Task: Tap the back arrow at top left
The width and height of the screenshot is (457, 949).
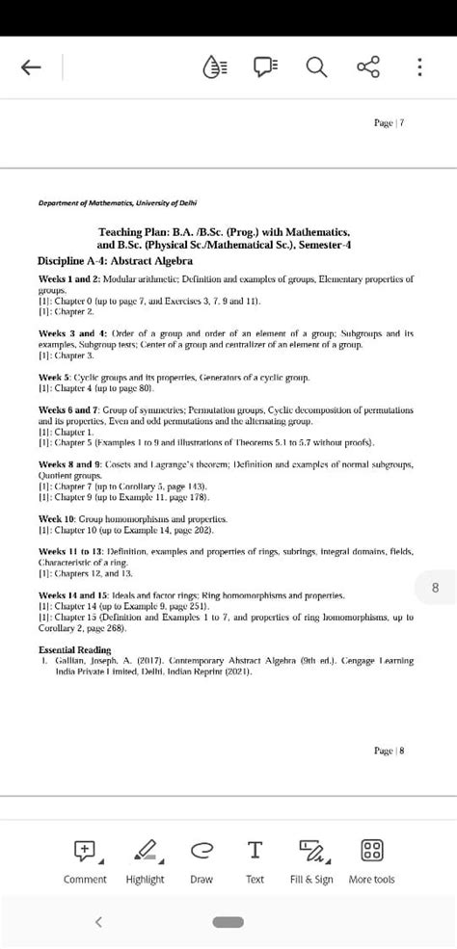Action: pos(31,67)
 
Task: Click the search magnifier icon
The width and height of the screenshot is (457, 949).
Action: pos(315,67)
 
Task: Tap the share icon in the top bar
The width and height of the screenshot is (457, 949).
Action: pos(367,67)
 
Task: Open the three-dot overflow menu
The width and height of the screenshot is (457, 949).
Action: pos(418,67)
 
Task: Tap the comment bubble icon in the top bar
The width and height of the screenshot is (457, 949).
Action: pos(265,67)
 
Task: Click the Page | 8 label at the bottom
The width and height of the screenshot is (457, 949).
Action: pos(388,751)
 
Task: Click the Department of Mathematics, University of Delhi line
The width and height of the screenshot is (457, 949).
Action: pos(118,204)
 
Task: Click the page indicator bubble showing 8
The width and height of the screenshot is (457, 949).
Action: pos(435,587)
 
